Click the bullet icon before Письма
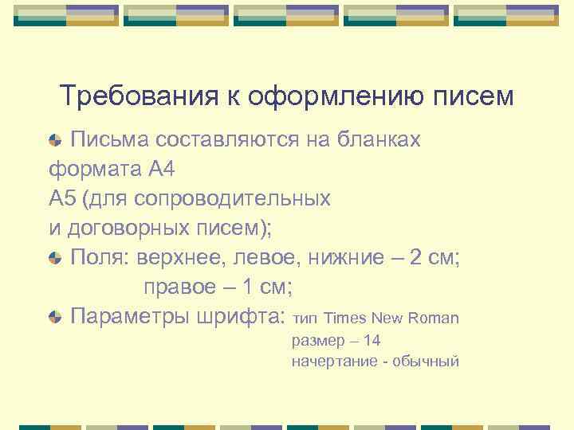click(55, 141)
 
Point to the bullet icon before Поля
click(55, 258)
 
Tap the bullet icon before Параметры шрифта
click(55, 317)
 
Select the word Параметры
click(131, 316)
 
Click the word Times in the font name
click(345, 319)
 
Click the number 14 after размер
click(371, 341)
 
